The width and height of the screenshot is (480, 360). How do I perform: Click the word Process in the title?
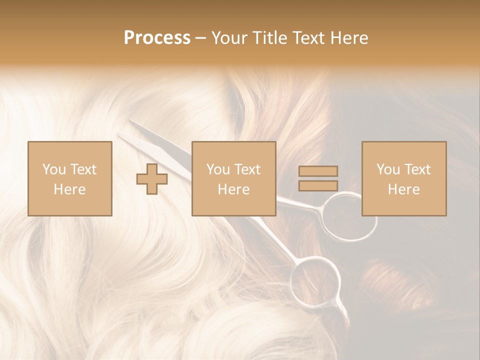157,38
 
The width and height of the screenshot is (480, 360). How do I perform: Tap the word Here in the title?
348,38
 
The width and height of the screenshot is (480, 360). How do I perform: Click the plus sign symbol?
152,179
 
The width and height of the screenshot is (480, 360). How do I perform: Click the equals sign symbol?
318,178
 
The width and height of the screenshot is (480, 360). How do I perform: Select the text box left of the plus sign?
70,179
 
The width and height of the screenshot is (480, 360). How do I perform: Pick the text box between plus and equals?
233,179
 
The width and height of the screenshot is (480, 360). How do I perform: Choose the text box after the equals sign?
404,179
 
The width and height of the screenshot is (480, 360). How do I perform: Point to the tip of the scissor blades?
131,121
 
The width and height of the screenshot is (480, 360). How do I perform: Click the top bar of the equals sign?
318,171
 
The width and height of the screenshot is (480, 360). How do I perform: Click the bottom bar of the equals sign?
318,185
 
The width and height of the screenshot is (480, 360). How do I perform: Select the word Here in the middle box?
233,189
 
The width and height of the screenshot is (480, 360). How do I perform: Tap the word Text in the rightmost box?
418,169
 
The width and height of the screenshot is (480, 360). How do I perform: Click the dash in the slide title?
201,38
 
